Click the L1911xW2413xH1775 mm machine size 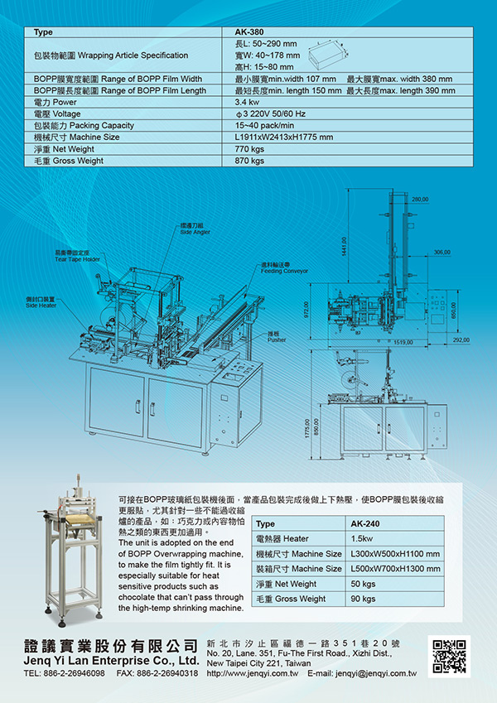(284, 137)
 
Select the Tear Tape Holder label (77, 257)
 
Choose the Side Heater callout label (41, 302)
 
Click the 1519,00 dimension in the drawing (403, 340)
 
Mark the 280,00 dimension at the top (420, 200)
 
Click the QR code (450, 655)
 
